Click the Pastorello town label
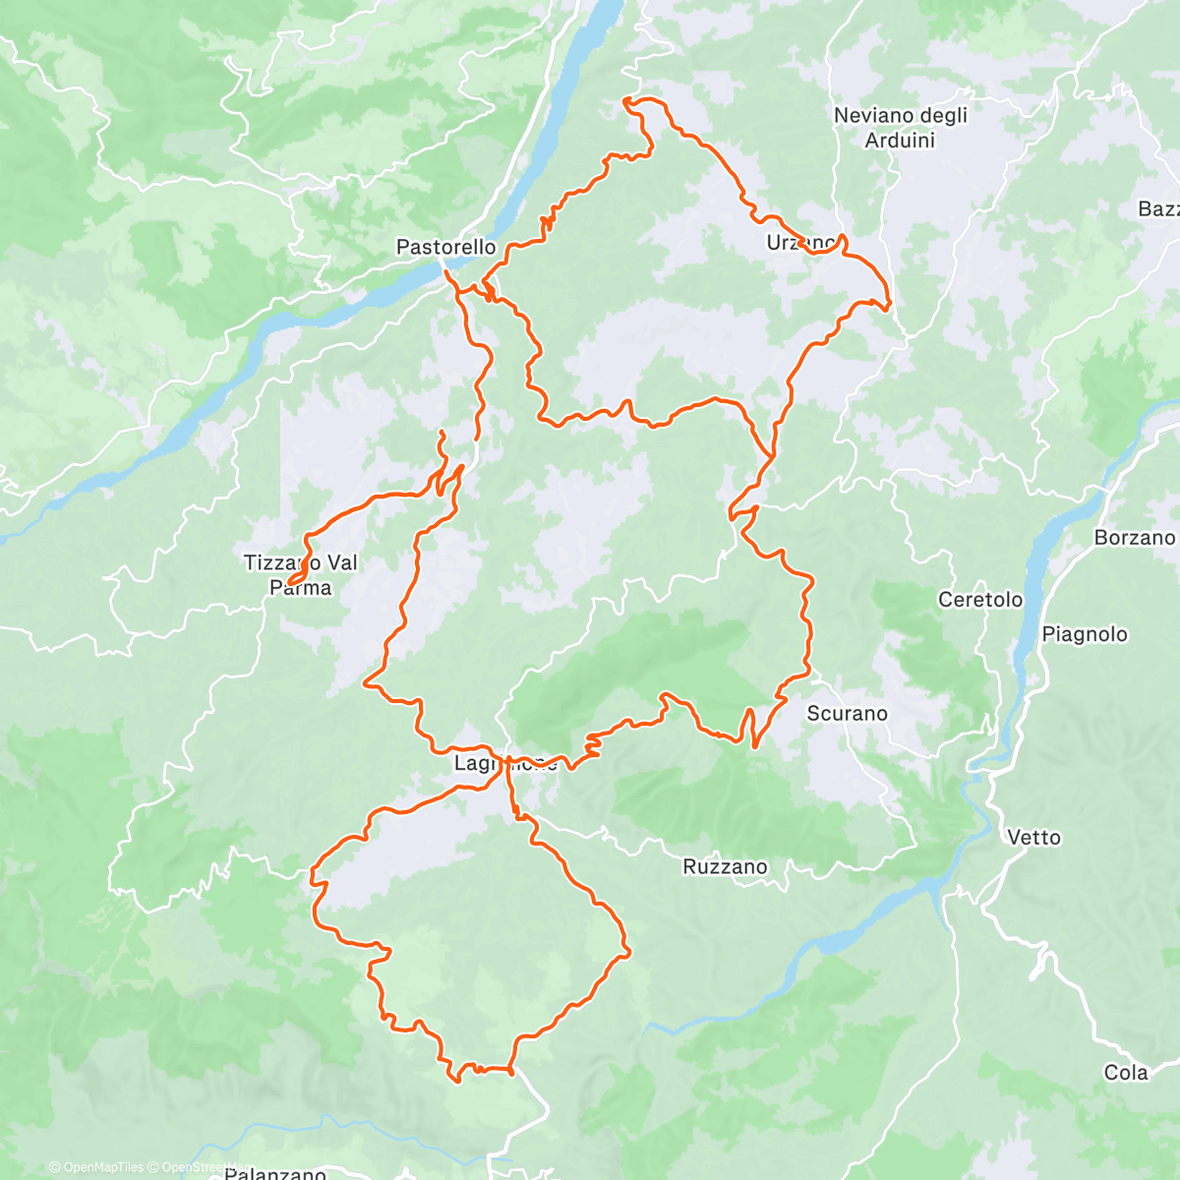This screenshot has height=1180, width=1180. coord(445,247)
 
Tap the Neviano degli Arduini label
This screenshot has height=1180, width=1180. coord(900,128)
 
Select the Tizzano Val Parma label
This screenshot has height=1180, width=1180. coord(301,575)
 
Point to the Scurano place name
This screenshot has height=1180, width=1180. coord(847,713)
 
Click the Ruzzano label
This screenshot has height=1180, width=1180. coord(725,866)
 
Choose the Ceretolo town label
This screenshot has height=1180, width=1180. coord(979,599)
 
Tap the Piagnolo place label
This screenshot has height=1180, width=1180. coord(1084,634)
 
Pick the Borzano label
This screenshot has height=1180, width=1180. coord(1134,537)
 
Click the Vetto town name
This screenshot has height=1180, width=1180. coord(1033,837)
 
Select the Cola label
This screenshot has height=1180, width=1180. coord(1126,1072)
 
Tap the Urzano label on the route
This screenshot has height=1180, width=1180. coord(801,242)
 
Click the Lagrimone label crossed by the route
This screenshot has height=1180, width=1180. coord(505,763)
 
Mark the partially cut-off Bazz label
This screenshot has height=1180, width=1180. coord(1157,208)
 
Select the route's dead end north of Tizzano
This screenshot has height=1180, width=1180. coord(442,432)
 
